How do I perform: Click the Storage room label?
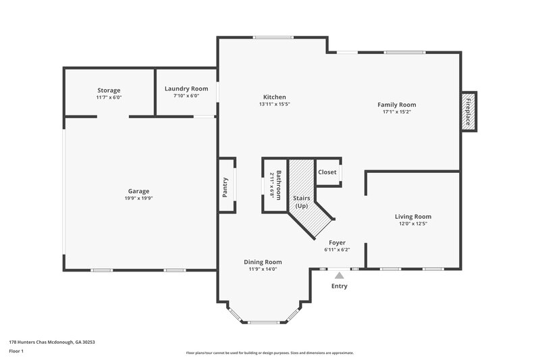tap(109, 91)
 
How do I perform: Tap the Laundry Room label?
tap(186, 88)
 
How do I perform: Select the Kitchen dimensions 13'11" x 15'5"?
tap(274, 105)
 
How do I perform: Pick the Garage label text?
tap(139, 190)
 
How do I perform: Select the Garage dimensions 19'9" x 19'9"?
tap(139, 199)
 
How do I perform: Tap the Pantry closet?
tap(226, 188)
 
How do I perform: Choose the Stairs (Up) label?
tap(301, 201)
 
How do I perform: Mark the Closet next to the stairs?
tap(327, 172)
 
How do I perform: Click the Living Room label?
tap(412, 216)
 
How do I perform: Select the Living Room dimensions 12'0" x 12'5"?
tap(412, 224)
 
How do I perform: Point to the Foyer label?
tap(337, 242)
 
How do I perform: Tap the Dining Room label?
tap(263, 262)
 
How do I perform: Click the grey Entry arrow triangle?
tap(339, 275)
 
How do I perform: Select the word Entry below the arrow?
tap(339, 286)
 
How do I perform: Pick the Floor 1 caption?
tap(17, 352)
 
